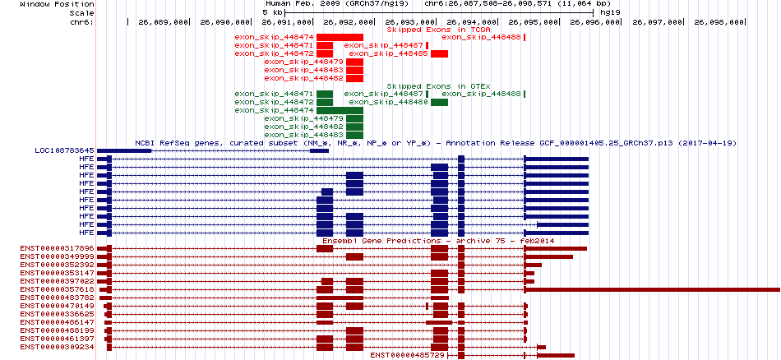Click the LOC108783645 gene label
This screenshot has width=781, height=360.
click(x=64, y=150)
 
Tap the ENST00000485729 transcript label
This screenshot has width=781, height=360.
click(x=408, y=355)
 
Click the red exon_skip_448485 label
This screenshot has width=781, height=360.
click(x=389, y=53)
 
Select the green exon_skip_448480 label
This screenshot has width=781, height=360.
click(x=389, y=102)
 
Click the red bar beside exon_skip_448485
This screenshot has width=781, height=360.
click(x=440, y=53)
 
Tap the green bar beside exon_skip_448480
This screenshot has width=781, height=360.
click(x=440, y=102)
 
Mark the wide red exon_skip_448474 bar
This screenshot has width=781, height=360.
click(x=340, y=37)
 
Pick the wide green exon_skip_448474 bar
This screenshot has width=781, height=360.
click(x=340, y=110)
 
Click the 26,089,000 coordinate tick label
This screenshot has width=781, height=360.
click(x=164, y=22)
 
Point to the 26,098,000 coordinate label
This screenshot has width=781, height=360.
click(x=719, y=22)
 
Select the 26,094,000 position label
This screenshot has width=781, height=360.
click(x=473, y=22)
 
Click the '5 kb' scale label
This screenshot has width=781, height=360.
click(x=272, y=12)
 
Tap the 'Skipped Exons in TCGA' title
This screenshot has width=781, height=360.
click(x=439, y=30)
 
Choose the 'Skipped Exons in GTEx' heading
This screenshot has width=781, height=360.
click(x=439, y=86)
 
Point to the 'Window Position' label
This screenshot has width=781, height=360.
click(x=58, y=4)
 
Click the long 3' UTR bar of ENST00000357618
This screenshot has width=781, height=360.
click(x=654, y=289)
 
